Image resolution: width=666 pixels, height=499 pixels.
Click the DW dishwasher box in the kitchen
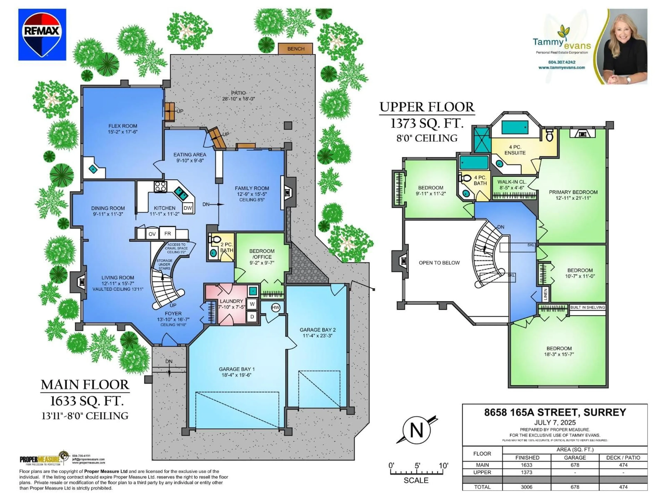tap(188, 208)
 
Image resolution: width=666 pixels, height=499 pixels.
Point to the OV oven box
tap(152, 234)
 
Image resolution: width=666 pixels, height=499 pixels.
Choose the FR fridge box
tap(167, 233)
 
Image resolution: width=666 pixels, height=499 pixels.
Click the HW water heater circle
tap(275, 307)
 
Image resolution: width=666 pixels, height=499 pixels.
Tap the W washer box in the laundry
tap(252, 304)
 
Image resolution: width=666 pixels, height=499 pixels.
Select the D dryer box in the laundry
tap(252, 317)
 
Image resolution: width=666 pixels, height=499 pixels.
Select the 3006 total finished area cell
tap(526, 487)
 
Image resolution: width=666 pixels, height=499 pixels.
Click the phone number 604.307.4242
tap(562, 62)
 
